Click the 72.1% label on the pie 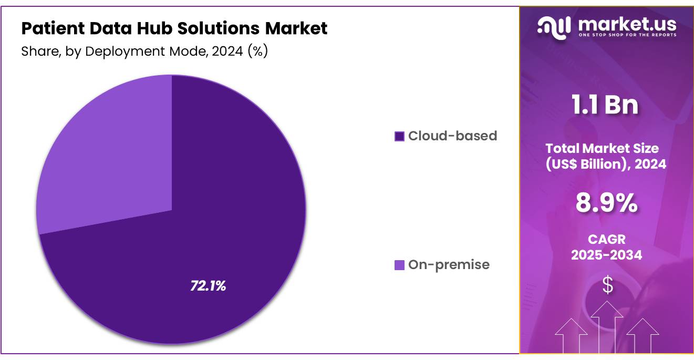pyautogui.click(x=208, y=286)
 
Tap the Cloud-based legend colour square pyautogui.click(x=399, y=136)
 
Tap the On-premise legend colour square pyautogui.click(x=399, y=265)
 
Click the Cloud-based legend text pyautogui.click(x=452, y=136)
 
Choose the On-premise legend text pyautogui.click(x=449, y=264)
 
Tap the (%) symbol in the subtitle pyautogui.click(x=258, y=52)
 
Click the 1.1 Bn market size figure pyautogui.click(x=606, y=105)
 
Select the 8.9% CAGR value pyautogui.click(x=607, y=203)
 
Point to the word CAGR pyautogui.click(x=607, y=240)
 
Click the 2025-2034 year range pyautogui.click(x=607, y=255)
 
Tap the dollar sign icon pyautogui.click(x=607, y=285)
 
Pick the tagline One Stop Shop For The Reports pyautogui.click(x=627, y=35)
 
